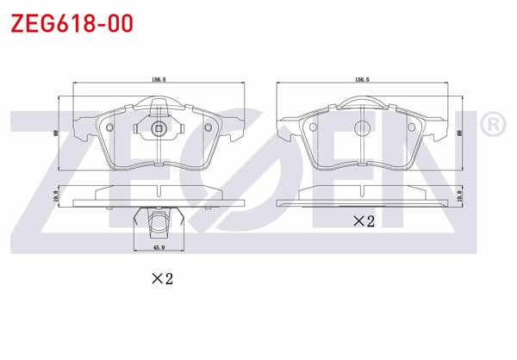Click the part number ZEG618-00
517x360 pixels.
coord(71,23)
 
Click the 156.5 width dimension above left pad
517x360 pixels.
coord(159,79)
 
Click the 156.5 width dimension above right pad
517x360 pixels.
coord(362,79)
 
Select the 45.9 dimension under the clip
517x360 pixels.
coord(159,247)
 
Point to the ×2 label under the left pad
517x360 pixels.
coord(163,278)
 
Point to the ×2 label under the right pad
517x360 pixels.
coord(364,221)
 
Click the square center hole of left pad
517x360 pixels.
coord(159,129)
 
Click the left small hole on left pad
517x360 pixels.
coord(110,128)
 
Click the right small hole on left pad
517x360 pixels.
coord(208,128)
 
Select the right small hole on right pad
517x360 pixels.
coord(411,128)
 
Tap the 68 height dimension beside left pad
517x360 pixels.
coord(55,132)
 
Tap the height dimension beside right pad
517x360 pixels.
coord(460,132)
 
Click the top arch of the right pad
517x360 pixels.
coord(363,99)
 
